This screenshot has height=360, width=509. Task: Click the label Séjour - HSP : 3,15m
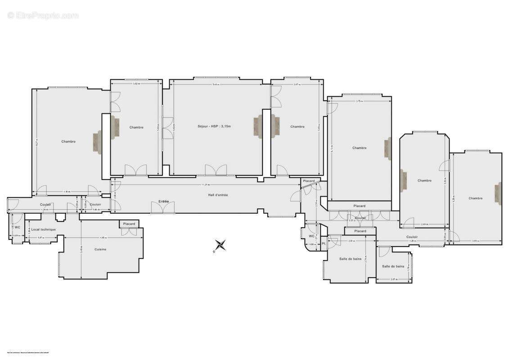pos(214,126)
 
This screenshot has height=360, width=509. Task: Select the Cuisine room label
pos(100,249)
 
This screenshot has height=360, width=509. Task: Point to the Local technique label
pos(44,229)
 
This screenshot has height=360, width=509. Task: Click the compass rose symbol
pos(220,245)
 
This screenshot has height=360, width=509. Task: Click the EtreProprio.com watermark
pos(43,15)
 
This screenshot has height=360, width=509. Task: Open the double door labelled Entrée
pos(162,208)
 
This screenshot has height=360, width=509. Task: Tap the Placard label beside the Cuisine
pos(129,224)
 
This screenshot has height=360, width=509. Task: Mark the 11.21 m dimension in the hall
pos(205,184)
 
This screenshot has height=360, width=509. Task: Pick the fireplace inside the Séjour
pos(258,126)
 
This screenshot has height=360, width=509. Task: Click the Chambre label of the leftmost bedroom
pos(68,142)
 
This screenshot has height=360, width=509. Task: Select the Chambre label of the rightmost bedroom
pos(475,198)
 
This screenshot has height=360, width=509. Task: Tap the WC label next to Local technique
pos(17,227)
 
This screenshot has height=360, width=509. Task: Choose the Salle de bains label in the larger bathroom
pos(351,259)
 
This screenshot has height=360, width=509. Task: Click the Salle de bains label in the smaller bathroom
pos(393,266)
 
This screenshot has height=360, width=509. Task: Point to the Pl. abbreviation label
pos(324,243)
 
